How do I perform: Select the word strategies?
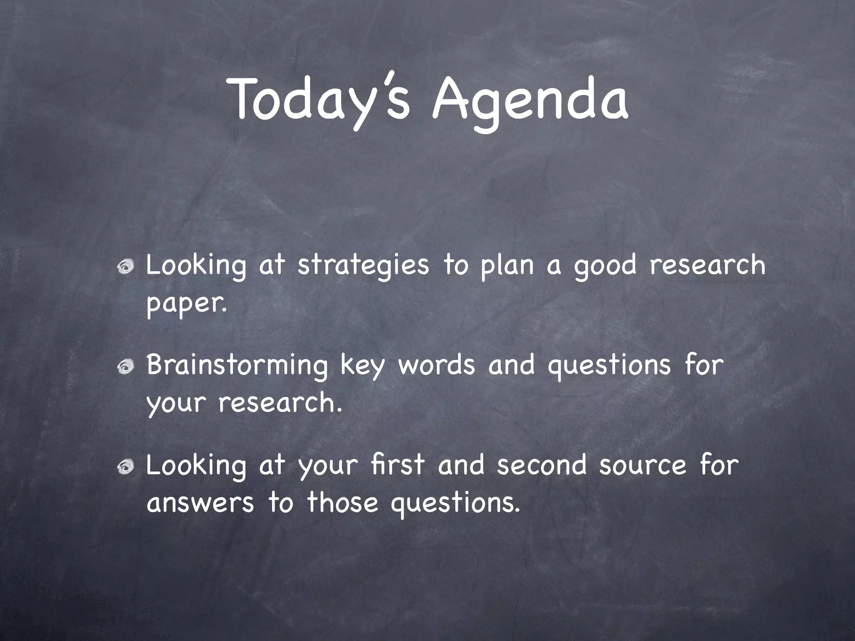tap(363, 266)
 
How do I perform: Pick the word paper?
tap(187, 304)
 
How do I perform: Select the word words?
tap(436, 364)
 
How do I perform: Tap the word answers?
tap(200, 502)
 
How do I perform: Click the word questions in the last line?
tap(455, 503)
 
